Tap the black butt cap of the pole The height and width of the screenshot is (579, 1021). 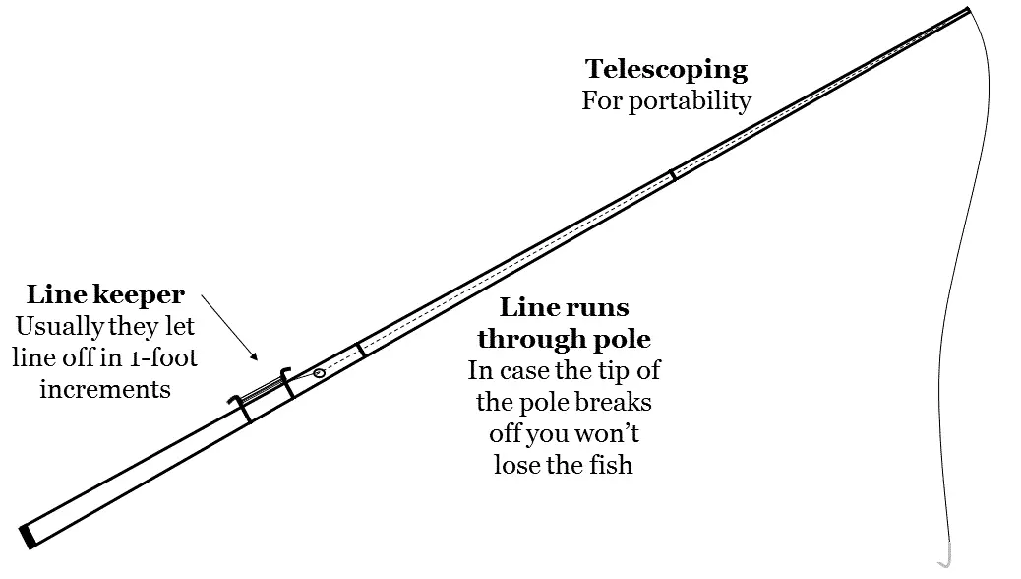(28, 537)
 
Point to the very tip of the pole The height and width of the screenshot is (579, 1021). (969, 9)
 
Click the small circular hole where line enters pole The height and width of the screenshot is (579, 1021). (319, 373)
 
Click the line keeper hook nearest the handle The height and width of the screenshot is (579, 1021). (240, 407)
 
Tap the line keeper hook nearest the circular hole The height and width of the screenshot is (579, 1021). (286, 382)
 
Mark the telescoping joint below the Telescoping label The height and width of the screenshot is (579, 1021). (673, 174)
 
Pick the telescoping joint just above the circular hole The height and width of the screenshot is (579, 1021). (360, 349)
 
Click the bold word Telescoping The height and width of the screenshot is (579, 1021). (666, 70)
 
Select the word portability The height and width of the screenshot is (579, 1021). (691, 101)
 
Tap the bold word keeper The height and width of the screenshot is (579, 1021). (138, 295)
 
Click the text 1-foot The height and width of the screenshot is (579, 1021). (165, 357)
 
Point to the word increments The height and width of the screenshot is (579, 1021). (105, 389)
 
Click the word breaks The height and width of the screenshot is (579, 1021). (614, 402)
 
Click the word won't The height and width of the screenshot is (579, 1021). (607, 433)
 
